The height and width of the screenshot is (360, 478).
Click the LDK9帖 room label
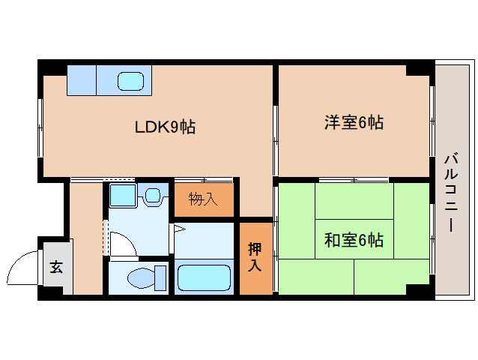[x=165, y=127]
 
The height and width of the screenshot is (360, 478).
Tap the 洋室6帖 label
[x=354, y=122]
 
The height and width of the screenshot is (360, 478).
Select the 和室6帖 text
[x=354, y=240]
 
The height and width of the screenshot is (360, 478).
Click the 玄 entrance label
[x=56, y=266]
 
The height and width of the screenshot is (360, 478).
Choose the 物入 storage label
[x=203, y=199]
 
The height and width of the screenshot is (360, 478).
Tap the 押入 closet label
[x=255, y=257]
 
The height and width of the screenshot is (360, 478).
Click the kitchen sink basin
[x=133, y=80]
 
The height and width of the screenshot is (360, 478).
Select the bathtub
[x=205, y=277]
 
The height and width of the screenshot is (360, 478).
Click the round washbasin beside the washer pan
[x=153, y=197]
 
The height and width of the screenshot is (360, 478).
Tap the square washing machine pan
[x=121, y=196]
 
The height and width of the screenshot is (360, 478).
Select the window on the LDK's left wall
[x=40, y=123]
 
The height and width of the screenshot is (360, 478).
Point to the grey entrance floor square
[x=57, y=268]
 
